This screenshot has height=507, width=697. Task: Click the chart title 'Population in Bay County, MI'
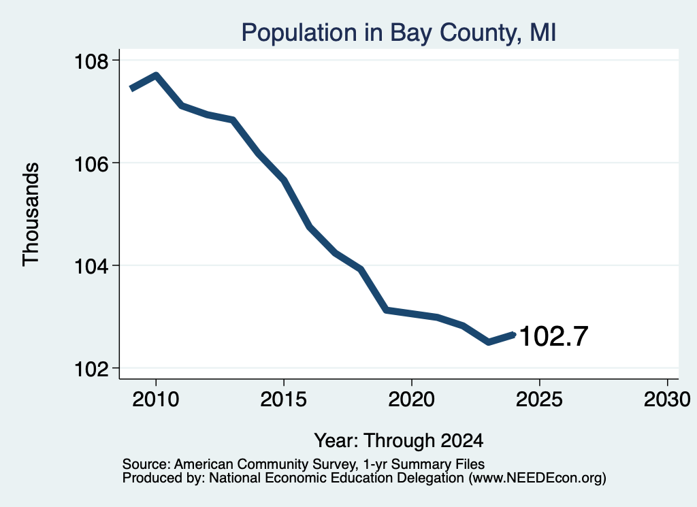(399, 33)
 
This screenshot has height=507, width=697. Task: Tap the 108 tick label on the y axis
(92, 62)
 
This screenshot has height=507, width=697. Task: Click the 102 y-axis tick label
(92, 370)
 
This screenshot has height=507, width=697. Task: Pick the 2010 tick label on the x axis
(156, 399)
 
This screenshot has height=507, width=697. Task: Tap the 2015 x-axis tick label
(284, 399)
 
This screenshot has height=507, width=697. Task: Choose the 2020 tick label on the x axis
(412, 399)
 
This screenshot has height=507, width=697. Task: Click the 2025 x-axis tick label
(539, 399)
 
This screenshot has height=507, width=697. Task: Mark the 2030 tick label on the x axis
(667, 399)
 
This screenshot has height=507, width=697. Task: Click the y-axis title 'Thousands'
(31, 214)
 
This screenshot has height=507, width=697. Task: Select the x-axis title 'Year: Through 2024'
(399, 441)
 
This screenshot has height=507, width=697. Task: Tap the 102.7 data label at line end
(553, 336)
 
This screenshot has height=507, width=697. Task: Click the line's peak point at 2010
(156, 75)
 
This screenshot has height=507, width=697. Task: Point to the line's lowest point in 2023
(489, 342)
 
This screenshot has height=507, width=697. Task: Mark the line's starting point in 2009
(131, 88)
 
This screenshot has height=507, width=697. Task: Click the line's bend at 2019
(387, 310)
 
